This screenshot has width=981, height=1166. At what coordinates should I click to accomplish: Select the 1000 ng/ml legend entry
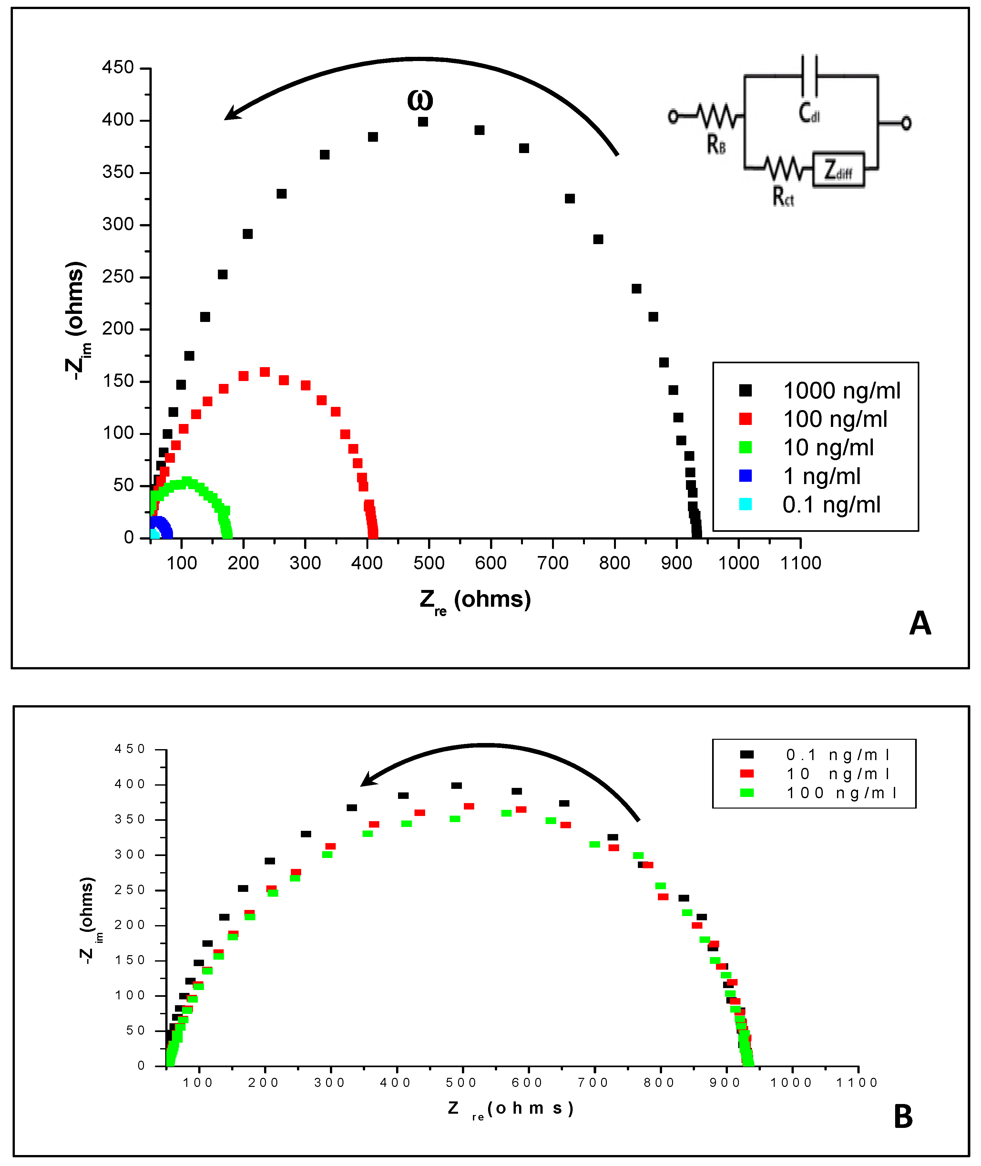[841, 391]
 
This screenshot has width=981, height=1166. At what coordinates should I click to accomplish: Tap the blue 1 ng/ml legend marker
[745, 476]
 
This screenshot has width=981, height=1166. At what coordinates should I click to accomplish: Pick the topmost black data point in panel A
[423, 121]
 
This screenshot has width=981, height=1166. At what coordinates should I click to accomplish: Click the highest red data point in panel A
[265, 372]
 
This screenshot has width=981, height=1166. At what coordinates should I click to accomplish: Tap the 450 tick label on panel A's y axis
[118, 68]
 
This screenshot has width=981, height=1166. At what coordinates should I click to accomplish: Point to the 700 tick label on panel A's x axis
[553, 563]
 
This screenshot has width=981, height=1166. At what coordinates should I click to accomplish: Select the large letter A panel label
[920, 624]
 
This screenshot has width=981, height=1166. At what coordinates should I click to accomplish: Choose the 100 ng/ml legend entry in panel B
[841, 793]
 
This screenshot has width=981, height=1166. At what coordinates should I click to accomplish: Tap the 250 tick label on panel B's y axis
[129, 890]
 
